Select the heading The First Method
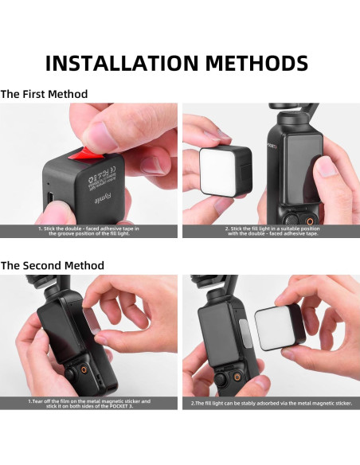pyautogui.click(x=45, y=94)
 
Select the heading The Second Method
pyautogui.click(x=53, y=264)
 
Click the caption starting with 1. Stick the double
pyautogui.click(x=88, y=231)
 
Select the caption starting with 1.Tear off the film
pyautogui.click(x=88, y=403)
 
